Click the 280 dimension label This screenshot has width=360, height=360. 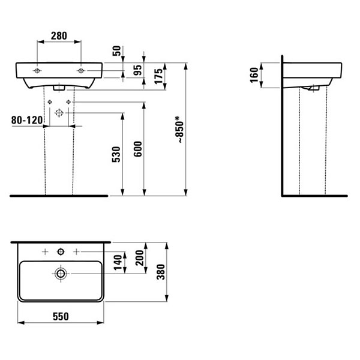pyautogui.click(x=59, y=36)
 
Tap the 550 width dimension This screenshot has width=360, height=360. pyautogui.click(x=61, y=316)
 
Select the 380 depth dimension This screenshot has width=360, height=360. pyautogui.click(x=161, y=272)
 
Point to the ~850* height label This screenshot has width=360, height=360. pyautogui.click(x=179, y=130)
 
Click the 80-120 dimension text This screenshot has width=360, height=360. pyautogui.click(x=27, y=120)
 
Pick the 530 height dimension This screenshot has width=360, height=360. pyautogui.click(x=116, y=154)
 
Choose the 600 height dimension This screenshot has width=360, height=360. pyautogui.click(x=138, y=149)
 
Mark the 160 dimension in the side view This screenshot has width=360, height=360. pyautogui.click(x=254, y=75)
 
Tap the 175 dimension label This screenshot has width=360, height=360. pyautogui.click(x=158, y=76)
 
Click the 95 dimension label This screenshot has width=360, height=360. pyautogui.click(x=138, y=70)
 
